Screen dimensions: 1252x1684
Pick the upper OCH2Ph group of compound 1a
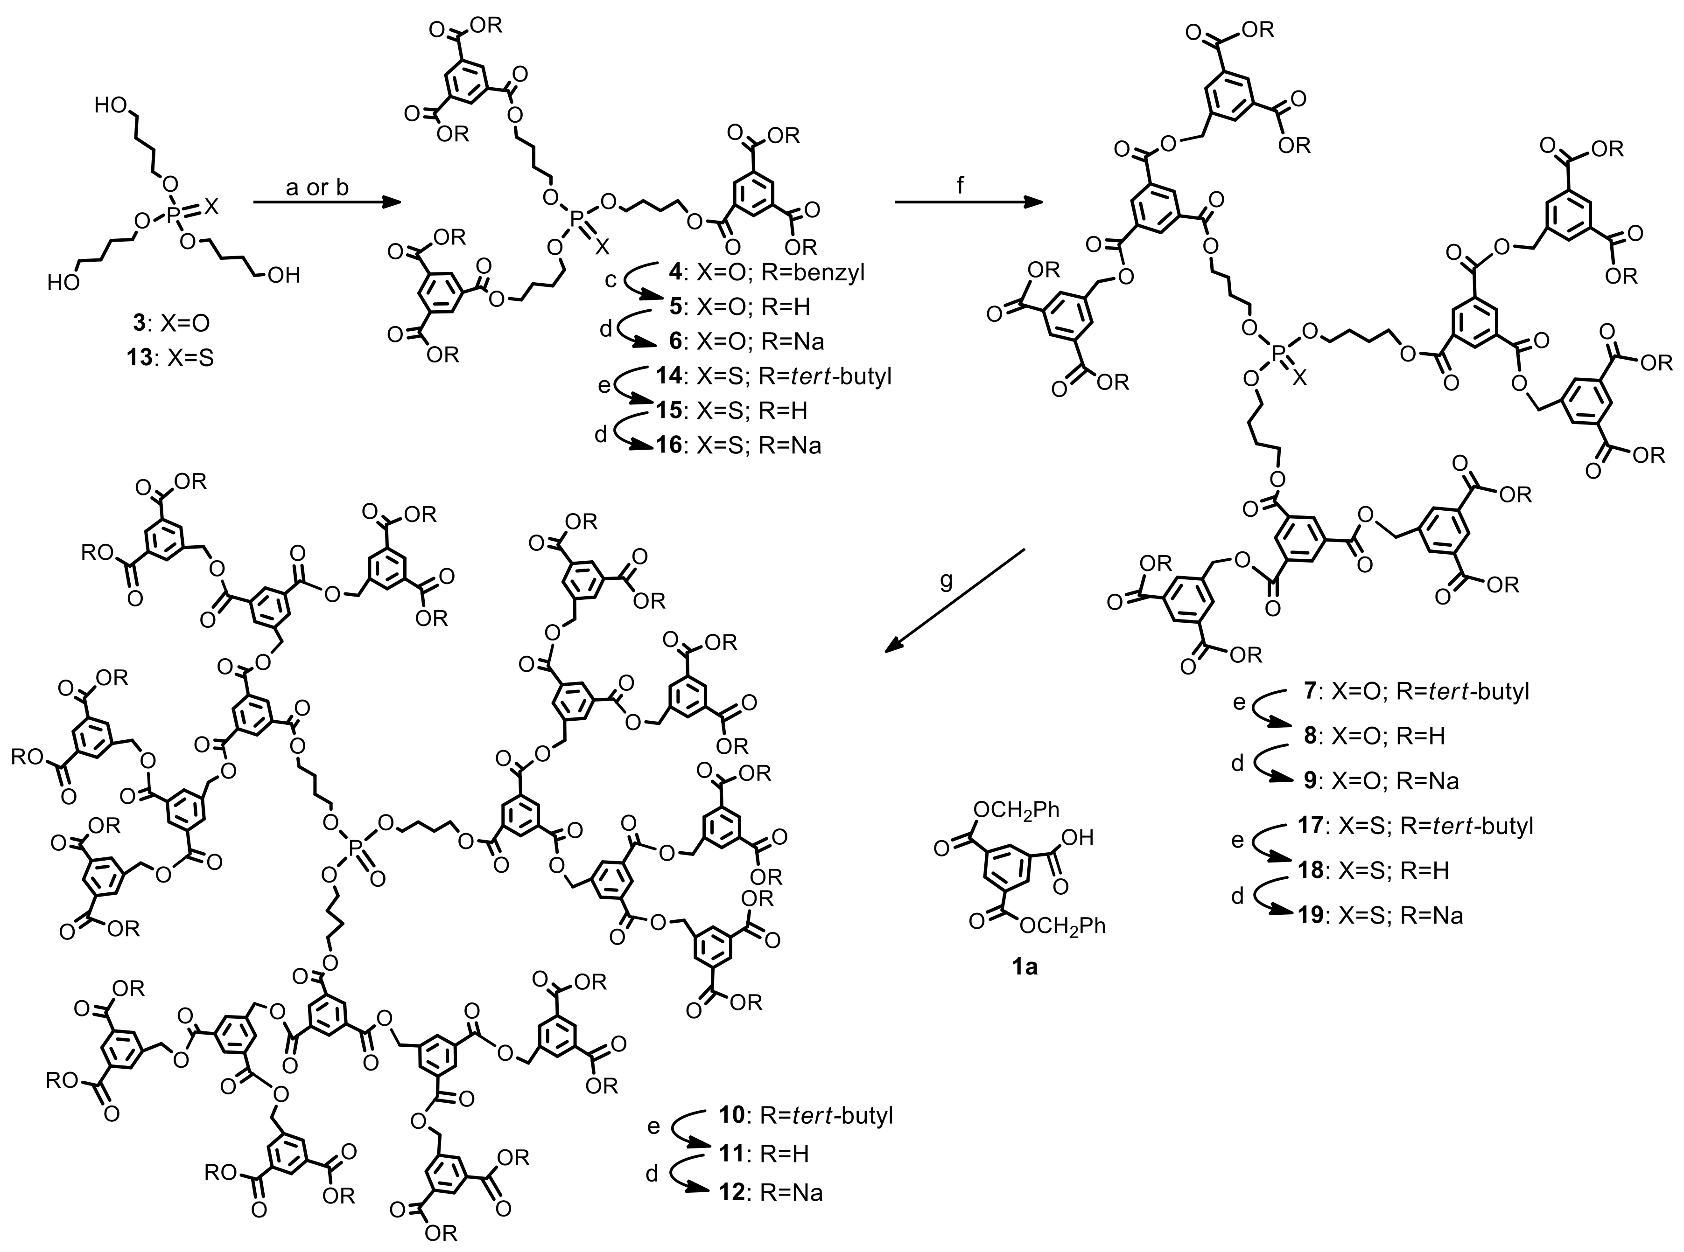point(1016,810)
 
